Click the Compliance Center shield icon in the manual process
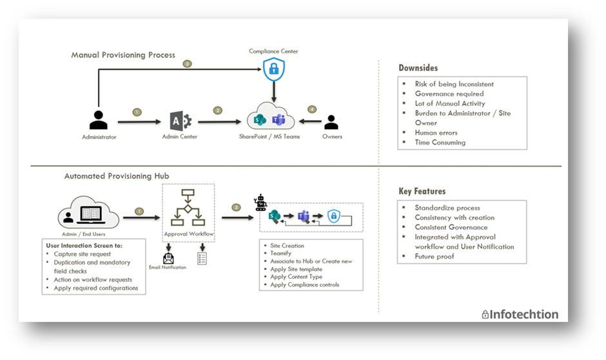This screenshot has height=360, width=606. click(x=273, y=69)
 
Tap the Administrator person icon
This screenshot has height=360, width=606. click(x=99, y=120)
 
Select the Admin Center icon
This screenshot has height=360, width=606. click(x=181, y=121)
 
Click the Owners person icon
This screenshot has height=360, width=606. click(x=331, y=122)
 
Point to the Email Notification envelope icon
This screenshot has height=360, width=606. click(x=168, y=258)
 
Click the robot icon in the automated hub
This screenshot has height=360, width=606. click(x=260, y=203)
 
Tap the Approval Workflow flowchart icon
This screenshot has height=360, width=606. click(x=188, y=207)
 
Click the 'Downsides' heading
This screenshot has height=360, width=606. click(x=418, y=68)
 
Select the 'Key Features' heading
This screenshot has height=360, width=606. click(x=422, y=192)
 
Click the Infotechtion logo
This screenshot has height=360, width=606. click(x=520, y=314)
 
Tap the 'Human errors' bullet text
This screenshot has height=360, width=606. click(x=436, y=133)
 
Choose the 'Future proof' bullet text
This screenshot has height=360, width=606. click(x=435, y=256)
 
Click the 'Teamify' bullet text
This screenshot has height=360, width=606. click(x=280, y=254)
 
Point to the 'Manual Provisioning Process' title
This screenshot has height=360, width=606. click(x=123, y=55)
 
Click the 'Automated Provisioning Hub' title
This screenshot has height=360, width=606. click(x=116, y=176)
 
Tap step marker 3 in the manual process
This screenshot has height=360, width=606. click(x=188, y=64)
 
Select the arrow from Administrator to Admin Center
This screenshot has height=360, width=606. click(x=139, y=122)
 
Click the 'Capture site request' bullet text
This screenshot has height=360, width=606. click(x=83, y=254)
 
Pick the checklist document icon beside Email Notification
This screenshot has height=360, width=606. click(x=202, y=259)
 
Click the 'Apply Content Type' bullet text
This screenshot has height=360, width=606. click(x=296, y=277)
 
